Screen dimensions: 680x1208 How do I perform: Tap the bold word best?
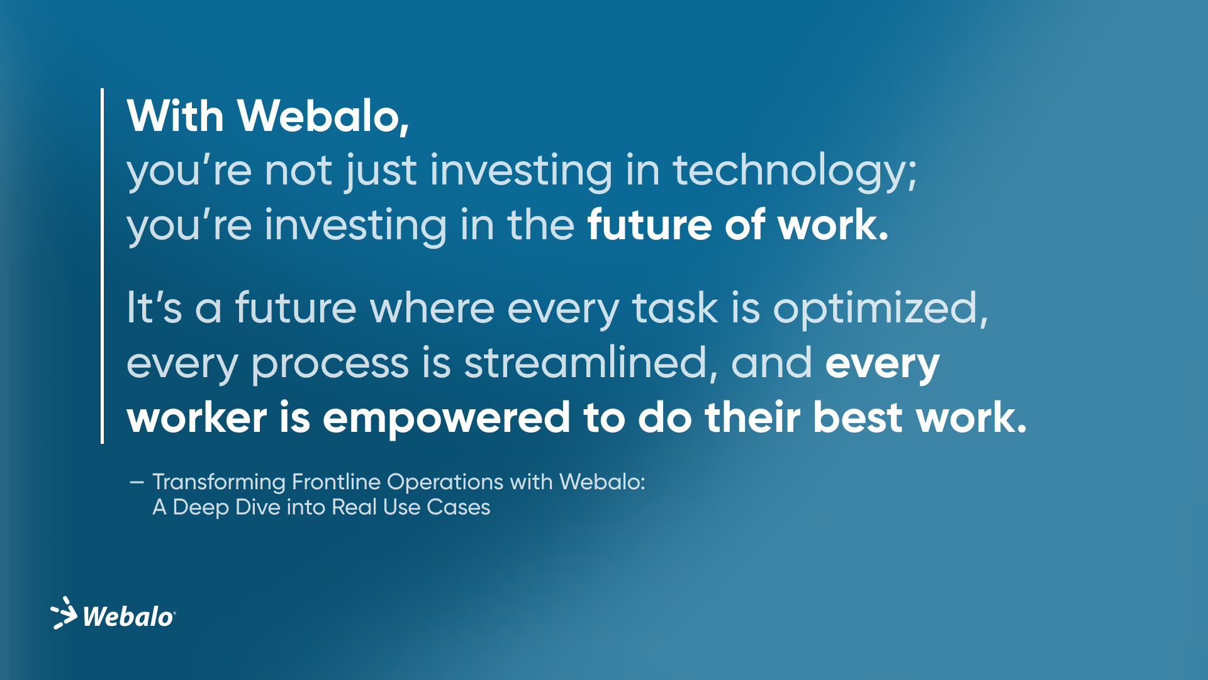(x=858, y=417)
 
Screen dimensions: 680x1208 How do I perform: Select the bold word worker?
(x=196, y=419)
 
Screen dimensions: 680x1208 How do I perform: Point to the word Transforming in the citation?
(x=219, y=482)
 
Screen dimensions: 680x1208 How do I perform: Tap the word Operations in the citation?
(x=445, y=482)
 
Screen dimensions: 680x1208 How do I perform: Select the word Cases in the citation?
(x=458, y=507)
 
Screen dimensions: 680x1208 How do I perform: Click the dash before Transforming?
(x=137, y=482)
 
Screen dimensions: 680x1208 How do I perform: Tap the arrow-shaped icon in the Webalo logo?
(x=64, y=613)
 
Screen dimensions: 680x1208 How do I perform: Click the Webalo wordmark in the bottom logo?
(x=128, y=617)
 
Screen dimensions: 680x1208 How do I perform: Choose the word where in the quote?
(x=432, y=308)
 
